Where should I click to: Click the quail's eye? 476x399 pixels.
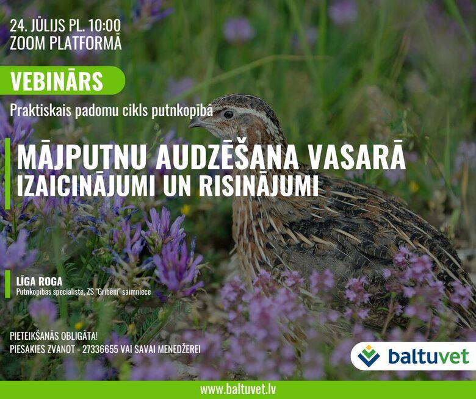(x=228, y=114)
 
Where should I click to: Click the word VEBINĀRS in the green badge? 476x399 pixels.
(x=57, y=81)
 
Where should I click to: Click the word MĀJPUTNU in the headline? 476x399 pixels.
(x=80, y=158)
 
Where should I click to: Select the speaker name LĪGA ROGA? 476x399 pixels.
(x=39, y=281)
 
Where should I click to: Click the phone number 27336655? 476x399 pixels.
(x=100, y=349)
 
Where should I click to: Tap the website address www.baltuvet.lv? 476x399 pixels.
(x=238, y=390)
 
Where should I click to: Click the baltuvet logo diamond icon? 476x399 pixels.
(x=369, y=356)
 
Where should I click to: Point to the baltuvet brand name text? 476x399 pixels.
(x=428, y=356)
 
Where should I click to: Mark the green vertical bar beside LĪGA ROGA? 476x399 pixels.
(x=7, y=284)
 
